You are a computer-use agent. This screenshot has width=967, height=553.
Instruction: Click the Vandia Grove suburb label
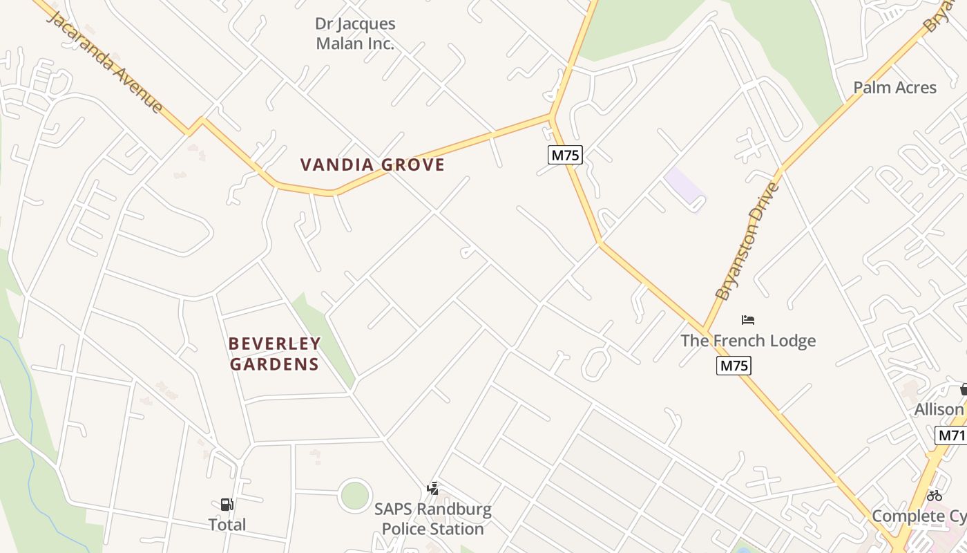[372, 165]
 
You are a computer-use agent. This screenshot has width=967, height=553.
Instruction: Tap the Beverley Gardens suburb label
[274, 354]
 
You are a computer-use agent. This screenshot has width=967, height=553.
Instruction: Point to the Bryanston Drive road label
[747, 241]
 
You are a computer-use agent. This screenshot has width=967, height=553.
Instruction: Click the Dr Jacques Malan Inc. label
[355, 34]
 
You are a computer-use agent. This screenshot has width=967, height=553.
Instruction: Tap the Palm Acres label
[894, 88]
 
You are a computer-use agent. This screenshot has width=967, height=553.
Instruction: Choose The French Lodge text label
[748, 341]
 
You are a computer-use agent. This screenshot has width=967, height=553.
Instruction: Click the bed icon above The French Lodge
[747, 320]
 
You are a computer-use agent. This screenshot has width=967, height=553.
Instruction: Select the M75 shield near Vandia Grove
[565, 155]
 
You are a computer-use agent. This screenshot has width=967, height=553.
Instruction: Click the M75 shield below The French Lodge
[733, 366]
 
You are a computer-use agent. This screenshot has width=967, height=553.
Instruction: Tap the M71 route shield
[951, 435]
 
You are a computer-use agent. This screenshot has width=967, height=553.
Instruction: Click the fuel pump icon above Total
[227, 505]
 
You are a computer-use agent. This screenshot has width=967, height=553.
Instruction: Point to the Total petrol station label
[227, 525]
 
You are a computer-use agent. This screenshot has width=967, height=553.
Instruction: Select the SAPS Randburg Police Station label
[433, 519]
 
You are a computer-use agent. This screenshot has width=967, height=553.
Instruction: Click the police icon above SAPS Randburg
[433, 489]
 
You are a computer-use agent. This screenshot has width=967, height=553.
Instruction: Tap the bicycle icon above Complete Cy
[935, 496]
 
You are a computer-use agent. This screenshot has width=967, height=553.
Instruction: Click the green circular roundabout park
[355, 496]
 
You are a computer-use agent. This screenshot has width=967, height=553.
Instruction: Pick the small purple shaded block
[684, 186]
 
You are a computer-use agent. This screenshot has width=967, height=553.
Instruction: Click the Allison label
[939, 409]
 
